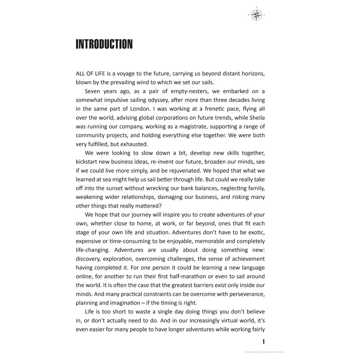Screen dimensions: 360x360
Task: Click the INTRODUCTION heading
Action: tap(104, 44)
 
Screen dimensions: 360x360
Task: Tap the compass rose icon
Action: tap(256, 15)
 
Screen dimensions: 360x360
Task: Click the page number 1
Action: tap(263, 342)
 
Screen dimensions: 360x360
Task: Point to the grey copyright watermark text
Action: tap(264, 352)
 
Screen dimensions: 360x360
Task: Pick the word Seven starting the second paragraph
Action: tap(93, 91)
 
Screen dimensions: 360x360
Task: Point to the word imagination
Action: tap(125, 303)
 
